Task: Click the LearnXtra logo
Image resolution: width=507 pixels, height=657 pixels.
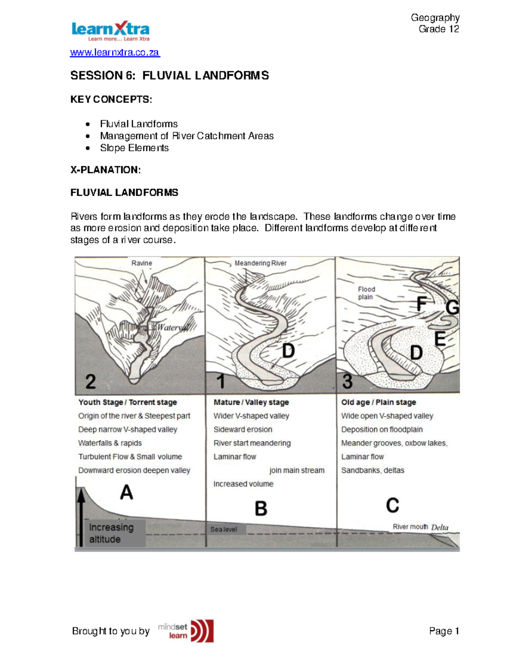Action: pos(110,31)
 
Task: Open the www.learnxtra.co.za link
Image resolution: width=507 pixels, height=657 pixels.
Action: pos(114,52)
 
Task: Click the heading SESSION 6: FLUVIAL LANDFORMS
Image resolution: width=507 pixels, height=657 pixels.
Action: pos(169,76)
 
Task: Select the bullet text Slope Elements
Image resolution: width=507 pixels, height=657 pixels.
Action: pos(134,148)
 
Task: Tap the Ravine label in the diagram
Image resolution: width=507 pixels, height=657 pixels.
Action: pos(142,263)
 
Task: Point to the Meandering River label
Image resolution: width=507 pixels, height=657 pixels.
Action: pos(260,263)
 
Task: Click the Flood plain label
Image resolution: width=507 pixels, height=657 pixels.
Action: pos(366,293)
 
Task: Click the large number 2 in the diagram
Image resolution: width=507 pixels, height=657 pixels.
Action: pos(90,382)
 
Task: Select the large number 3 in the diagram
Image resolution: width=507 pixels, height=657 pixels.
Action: pos(347,382)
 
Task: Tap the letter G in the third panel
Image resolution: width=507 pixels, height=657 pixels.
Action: pos(452,308)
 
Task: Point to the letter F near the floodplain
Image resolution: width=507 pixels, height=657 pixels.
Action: pos(421,304)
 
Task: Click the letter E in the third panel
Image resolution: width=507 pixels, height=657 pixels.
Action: pos(440,339)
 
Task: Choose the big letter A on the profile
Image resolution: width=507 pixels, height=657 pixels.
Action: pos(126,492)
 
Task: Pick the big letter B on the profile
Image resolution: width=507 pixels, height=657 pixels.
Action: pos(261,509)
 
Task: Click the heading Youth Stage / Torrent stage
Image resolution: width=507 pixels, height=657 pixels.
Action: pos(127,402)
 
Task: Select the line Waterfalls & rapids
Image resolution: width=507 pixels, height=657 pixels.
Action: pos(110,443)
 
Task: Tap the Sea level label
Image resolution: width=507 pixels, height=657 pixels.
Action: pos(224,529)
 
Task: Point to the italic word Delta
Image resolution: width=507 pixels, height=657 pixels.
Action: pos(439,527)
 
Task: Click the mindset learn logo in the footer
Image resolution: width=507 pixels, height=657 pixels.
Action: pos(186,631)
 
